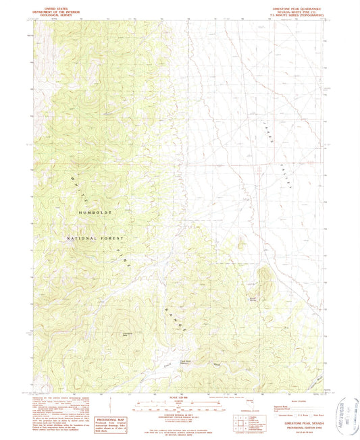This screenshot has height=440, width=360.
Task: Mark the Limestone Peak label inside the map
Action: tap(126, 335)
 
